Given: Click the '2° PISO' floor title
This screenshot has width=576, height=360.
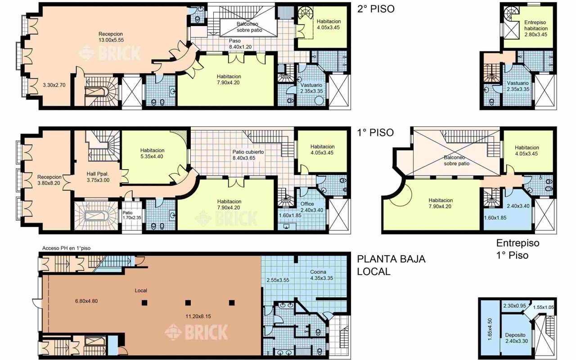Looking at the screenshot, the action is pyautogui.click(x=376, y=9).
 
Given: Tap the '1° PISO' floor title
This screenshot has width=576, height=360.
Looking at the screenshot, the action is pyautogui.click(x=375, y=133).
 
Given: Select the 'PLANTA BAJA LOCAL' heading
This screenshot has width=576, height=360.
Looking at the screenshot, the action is pyautogui.click(x=391, y=265).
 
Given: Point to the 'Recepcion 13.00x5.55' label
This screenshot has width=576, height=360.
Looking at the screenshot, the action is pyautogui.click(x=111, y=37).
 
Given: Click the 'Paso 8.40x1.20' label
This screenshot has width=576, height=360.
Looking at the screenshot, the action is pyautogui.click(x=240, y=44).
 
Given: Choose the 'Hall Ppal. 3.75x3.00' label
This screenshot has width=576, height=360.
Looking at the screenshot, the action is pyautogui.click(x=98, y=177).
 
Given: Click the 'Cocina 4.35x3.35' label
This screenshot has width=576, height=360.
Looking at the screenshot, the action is pyautogui.click(x=322, y=275).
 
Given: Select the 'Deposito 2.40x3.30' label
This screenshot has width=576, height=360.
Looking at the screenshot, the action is pyautogui.click(x=517, y=338).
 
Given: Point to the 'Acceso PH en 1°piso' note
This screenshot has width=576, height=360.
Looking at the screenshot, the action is pyautogui.click(x=66, y=248).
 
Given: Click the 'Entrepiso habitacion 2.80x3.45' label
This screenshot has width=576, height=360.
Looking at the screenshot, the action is pyautogui.click(x=535, y=28).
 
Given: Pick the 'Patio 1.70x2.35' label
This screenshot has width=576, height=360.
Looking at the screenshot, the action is pyautogui.click(x=132, y=215).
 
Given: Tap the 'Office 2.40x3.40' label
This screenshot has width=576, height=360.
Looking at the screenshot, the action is pyautogui.click(x=312, y=207).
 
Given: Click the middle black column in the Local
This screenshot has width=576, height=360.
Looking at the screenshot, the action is pyautogui.click(x=188, y=303).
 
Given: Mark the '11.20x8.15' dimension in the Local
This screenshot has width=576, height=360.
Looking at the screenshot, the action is pyautogui.click(x=198, y=316).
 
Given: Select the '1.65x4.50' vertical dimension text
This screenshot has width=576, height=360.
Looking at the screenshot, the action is pyautogui.click(x=490, y=329).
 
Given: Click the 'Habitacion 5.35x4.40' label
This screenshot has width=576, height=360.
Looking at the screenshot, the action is pyautogui.click(x=152, y=153).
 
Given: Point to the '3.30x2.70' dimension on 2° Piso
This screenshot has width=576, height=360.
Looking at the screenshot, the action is pyautogui.click(x=54, y=85).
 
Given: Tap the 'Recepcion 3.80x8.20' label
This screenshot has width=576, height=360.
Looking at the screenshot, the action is pyautogui.click(x=49, y=180).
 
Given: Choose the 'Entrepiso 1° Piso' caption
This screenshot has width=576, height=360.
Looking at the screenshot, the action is pyautogui.click(x=517, y=249).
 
